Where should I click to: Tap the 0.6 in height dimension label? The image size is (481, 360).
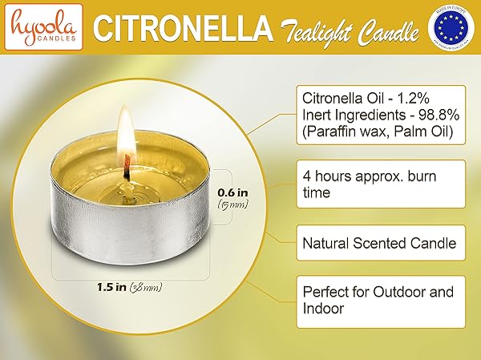(x=233, y=192)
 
